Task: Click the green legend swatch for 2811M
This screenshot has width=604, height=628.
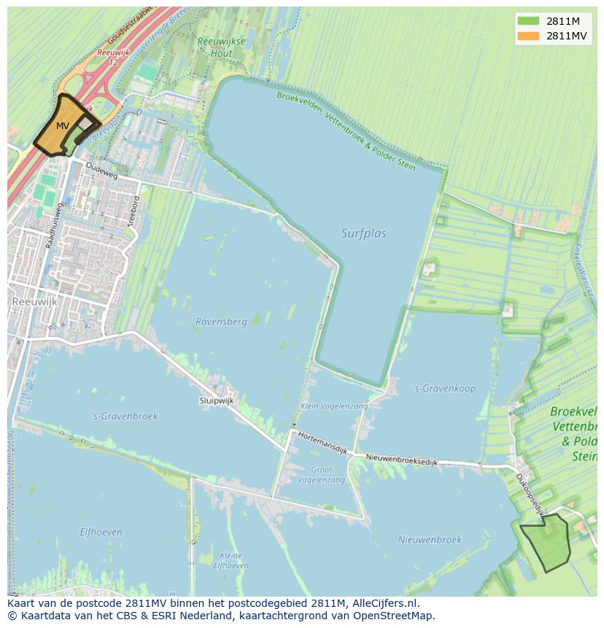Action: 528,20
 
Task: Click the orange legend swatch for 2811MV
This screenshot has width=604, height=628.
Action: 528,36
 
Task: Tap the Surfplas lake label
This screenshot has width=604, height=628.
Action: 363,233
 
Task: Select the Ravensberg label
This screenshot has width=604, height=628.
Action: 221,321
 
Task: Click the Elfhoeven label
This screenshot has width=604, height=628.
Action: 101,532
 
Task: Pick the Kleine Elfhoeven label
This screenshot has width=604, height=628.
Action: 231,560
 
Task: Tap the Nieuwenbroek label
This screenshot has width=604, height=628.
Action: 430,540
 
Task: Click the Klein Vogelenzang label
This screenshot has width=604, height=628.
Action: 324,406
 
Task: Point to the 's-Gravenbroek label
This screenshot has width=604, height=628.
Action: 124,416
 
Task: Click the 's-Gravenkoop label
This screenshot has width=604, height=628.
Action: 444,388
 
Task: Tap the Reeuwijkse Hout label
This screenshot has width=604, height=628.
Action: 220,47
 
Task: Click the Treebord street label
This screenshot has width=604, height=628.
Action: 133,212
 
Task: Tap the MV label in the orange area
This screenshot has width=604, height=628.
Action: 63,126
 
